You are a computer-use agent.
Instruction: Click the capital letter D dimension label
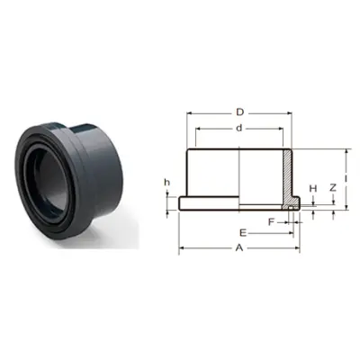(x=239, y=112)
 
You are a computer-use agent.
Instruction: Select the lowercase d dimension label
(x=238, y=128)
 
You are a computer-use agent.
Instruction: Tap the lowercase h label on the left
(x=166, y=183)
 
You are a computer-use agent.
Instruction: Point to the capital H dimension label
(x=313, y=188)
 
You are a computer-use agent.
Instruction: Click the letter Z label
(x=333, y=188)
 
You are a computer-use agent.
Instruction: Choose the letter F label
(x=271, y=222)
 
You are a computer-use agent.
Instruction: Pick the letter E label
(x=243, y=233)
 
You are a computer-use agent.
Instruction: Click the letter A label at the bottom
(x=239, y=248)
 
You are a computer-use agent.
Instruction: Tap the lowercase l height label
(x=346, y=179)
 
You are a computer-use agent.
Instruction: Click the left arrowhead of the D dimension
(x=189, y=113)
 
